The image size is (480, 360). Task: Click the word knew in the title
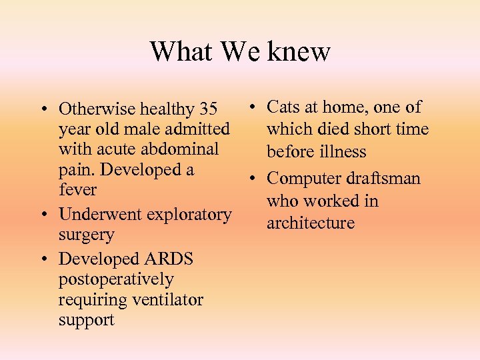tap(298, 51)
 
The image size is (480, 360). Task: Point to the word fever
tap(77, 190)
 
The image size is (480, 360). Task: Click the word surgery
tap(86, 235)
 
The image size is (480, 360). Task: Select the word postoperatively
tap(116, 279)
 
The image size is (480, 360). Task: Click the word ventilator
tap(167, 300)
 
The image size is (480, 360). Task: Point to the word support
tap(86, 320)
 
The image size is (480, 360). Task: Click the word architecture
tap(311, 223)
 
